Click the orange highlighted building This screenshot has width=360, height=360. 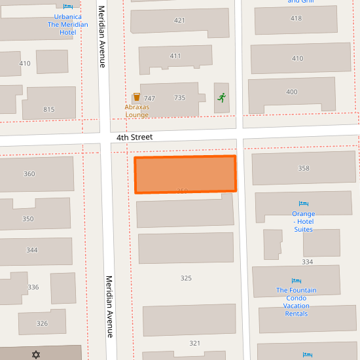coord(185,174)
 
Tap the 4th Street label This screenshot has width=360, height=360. coord(134,137)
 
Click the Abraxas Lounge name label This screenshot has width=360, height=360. coord(137,111)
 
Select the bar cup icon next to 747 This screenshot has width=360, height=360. coord(136,98)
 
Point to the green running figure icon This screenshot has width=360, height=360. coord(222,98)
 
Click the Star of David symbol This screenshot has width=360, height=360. coord(36,355)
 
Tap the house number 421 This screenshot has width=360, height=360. coord(179,21)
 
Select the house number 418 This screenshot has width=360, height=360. coord(296,18)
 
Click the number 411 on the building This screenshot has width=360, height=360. coord(175,56)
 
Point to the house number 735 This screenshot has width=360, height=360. coord(179,98)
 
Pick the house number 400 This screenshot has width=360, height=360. coord(292,92)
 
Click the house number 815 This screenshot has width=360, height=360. coord(49,109)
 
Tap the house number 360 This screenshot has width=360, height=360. coord(29,174)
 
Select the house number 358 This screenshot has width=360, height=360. coord(304,169)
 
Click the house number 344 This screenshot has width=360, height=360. coord(32,250)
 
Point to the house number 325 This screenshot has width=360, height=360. coord(186,278)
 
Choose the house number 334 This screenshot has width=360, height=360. coord(308,262)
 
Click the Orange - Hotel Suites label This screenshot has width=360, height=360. coord(303,221)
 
